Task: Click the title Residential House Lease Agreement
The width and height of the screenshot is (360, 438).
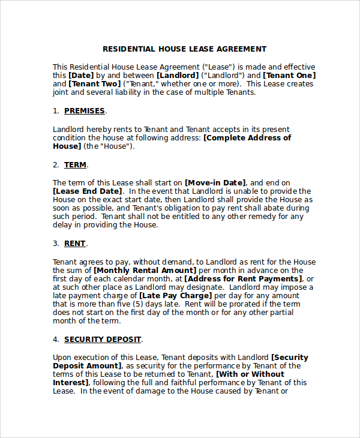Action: point(184,49)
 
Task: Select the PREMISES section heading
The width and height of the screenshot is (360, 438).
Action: point(85,111)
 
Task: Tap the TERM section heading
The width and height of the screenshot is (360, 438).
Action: point(76,165)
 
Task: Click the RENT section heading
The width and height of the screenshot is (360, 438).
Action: point(75,244)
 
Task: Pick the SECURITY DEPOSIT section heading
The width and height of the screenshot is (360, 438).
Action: point(103,340)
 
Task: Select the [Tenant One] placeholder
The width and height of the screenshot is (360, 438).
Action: point(289,76)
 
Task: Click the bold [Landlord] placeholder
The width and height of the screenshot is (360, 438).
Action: point(177,76)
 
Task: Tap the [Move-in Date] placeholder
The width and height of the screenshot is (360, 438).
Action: point(215,183)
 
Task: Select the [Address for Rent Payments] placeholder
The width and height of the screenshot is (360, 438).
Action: point(242,279)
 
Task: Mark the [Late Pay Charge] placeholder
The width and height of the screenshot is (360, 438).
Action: point(176,296)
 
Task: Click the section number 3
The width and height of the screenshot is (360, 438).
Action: point(55,244)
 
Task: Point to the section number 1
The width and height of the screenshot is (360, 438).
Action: point(55,111)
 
